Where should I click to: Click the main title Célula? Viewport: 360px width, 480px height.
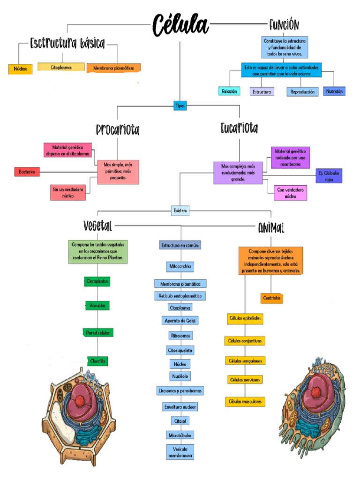coord(180,24)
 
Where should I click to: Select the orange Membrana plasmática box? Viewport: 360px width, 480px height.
coord(113,68)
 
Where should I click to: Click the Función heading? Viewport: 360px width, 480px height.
coord(284,24)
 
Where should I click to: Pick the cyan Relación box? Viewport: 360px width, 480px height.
coord(229,91)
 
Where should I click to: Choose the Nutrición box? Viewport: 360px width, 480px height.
coord(334,91)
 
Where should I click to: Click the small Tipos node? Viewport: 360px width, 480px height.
coord(180,106)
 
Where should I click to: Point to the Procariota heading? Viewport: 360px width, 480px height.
coord(118,129)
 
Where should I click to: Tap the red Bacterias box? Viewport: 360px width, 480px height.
coord(27,172)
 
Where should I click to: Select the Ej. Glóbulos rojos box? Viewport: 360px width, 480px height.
coord(329,176)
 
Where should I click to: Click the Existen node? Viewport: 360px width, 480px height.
coord(180,211)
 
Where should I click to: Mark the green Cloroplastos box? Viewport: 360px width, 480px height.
coord(97,281)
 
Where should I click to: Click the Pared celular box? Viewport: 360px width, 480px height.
coord(97,333)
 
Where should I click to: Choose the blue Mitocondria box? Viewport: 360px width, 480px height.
coord(180,266)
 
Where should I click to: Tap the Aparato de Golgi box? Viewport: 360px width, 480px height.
coord(180,321)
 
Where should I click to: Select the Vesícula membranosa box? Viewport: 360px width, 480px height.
coord(180,452)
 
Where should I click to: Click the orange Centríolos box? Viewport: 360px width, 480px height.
coord(272,298)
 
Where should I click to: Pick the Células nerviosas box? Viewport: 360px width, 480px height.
coord(245,379)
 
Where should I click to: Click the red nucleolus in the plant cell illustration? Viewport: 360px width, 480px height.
coord(81,401)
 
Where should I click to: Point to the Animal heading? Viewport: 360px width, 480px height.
coord(271,228)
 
